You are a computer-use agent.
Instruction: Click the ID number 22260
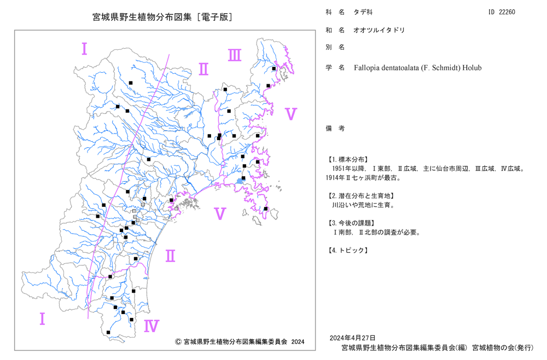point(507,12)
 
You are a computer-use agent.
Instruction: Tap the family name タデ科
point(363,12)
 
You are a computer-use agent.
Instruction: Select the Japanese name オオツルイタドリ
point(379,30)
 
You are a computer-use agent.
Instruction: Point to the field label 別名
point(335,47)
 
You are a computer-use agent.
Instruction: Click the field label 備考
point(335,129)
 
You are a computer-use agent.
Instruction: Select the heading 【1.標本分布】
point(347,159)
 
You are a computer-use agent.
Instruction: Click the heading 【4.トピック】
point(347,250)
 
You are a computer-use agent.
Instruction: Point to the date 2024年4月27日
point(352,338)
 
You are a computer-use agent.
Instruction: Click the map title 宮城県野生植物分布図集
point(142,17)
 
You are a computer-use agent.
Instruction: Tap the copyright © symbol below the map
point(178,342)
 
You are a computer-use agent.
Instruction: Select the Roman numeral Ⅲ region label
point(235,55)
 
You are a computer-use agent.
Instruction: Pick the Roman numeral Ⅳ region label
point(152,326)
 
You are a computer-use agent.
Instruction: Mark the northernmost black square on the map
point(274,69)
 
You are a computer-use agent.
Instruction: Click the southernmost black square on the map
point(108,333)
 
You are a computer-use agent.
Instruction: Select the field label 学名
point(335,68)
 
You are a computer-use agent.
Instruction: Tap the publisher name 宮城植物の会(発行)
point(503,347)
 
